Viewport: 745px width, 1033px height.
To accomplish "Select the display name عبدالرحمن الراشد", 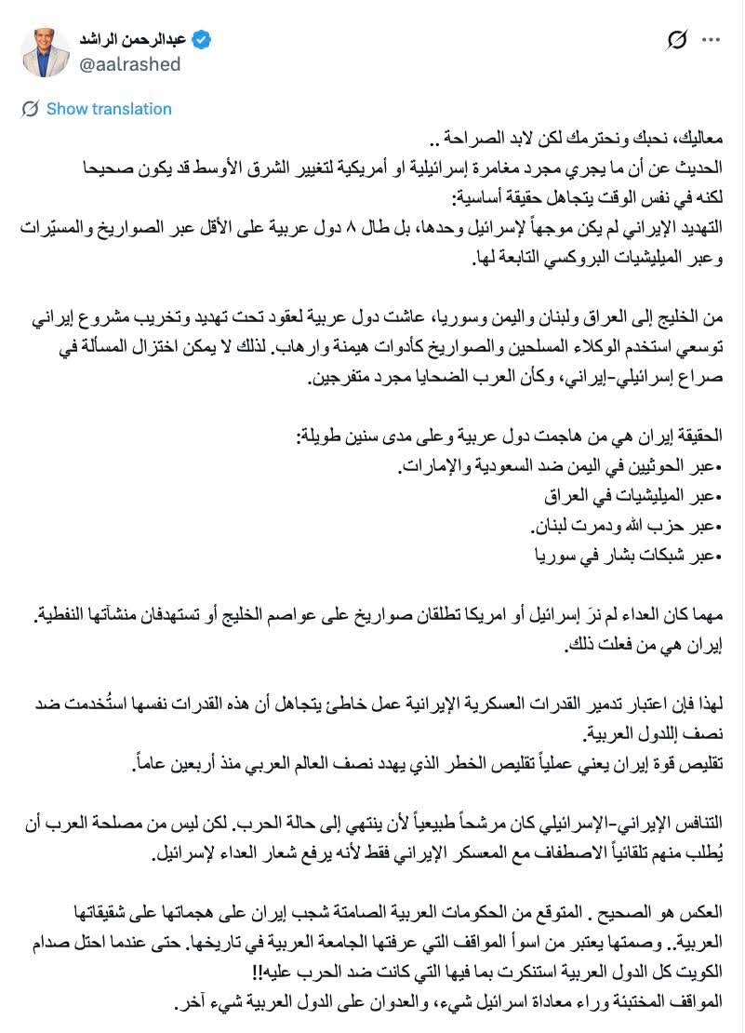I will click(137, 39).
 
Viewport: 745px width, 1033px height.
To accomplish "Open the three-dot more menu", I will click(711, 40).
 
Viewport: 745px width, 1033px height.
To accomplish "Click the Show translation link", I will click(108, 109).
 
